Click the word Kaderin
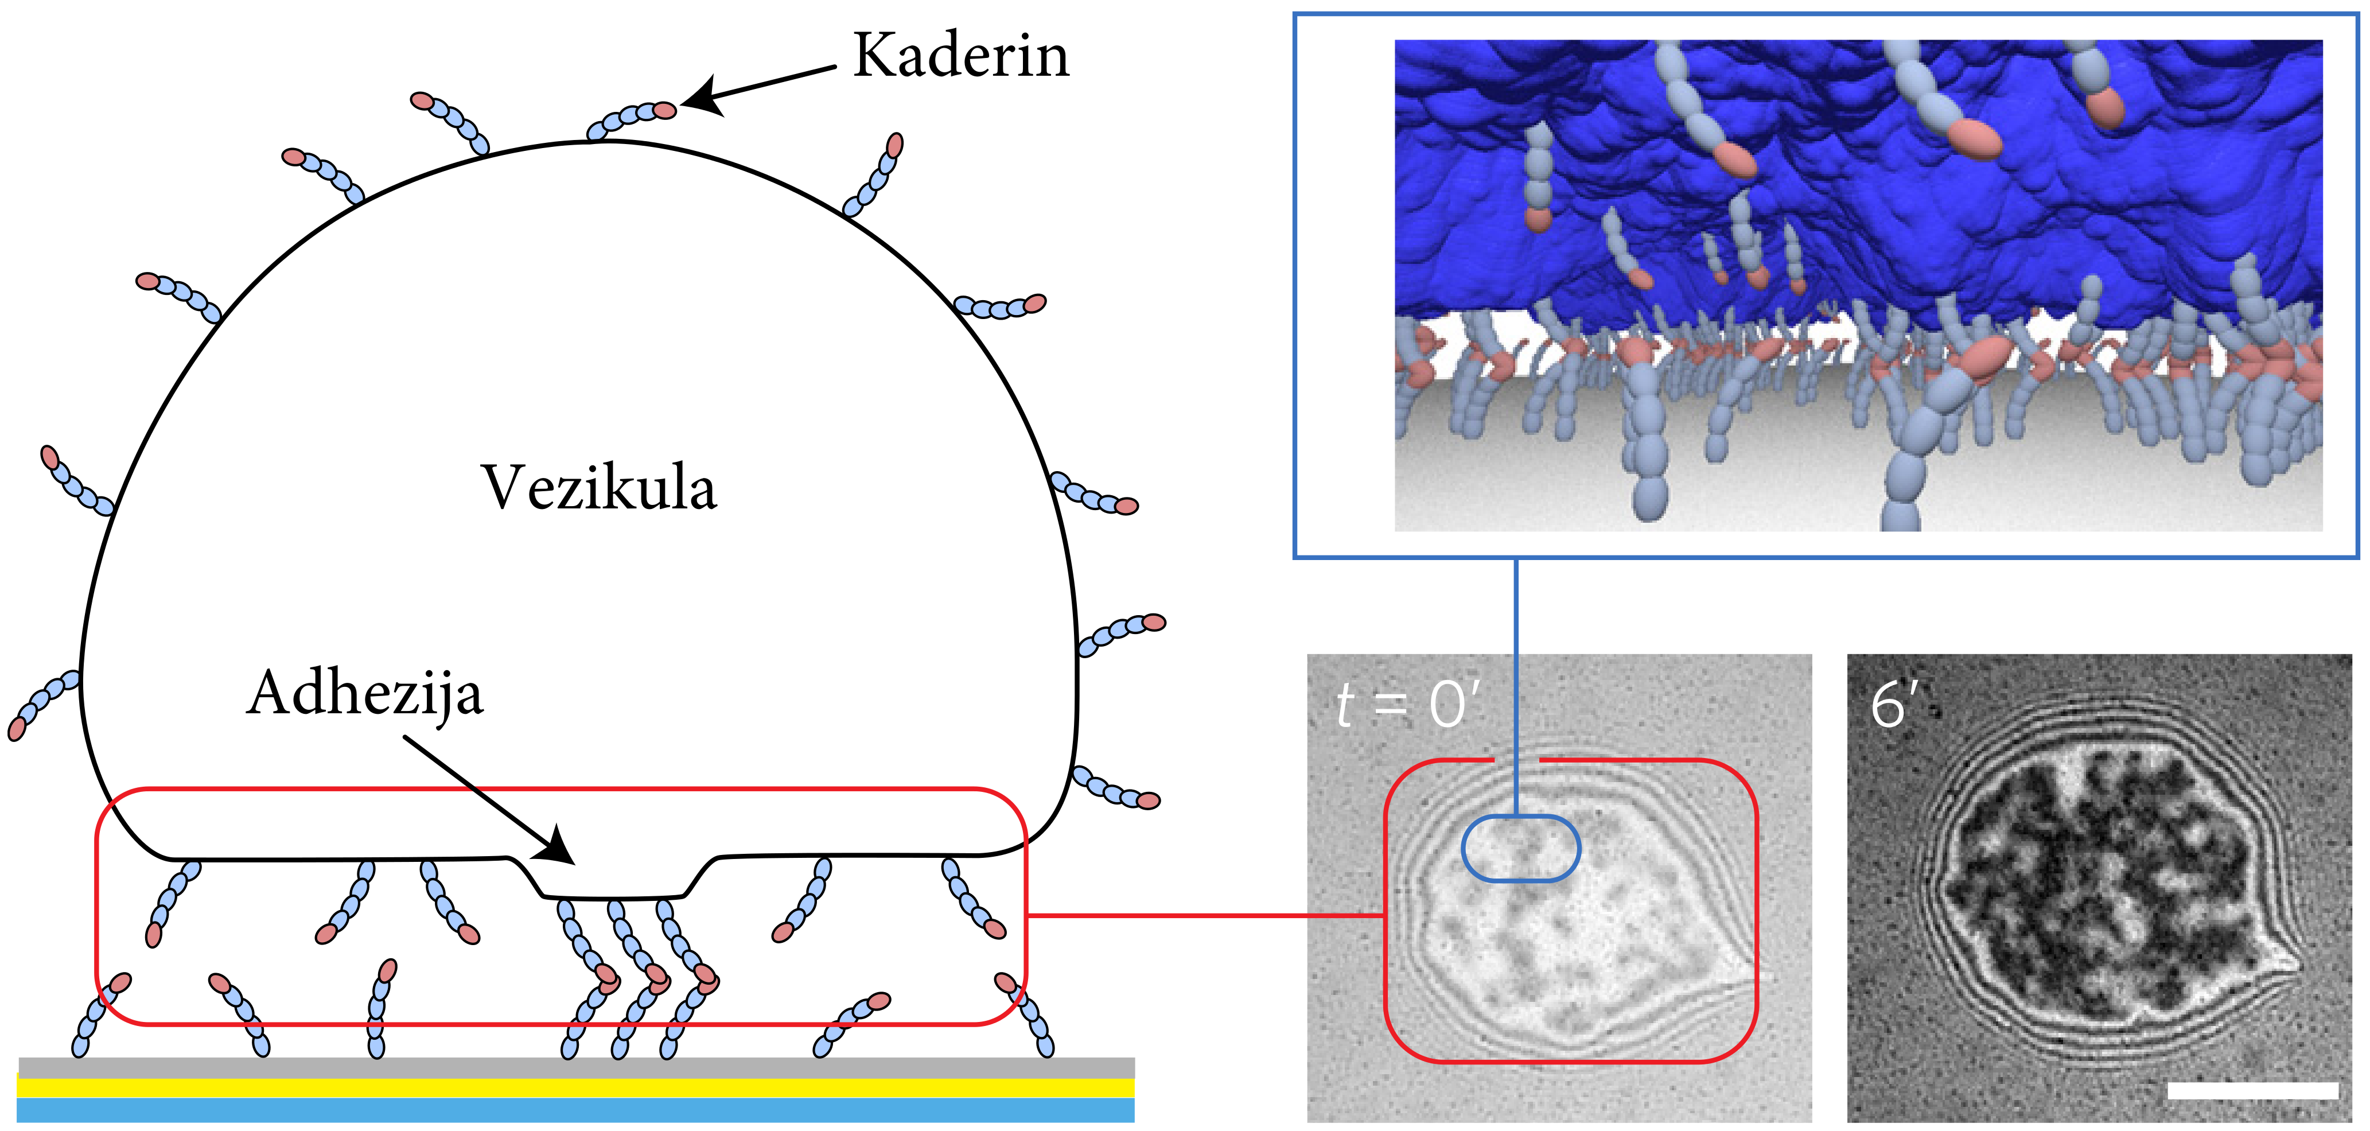coord(962,55)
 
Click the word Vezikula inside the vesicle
coord(598,488)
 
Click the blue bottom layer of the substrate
coord(575,1110)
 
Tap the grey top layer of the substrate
coord(575,1067)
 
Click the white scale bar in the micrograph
coord(2252,1090)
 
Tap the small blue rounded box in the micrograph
coord(1521,848)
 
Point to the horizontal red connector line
coord(1205,916)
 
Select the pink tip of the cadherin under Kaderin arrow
coord(664,110)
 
